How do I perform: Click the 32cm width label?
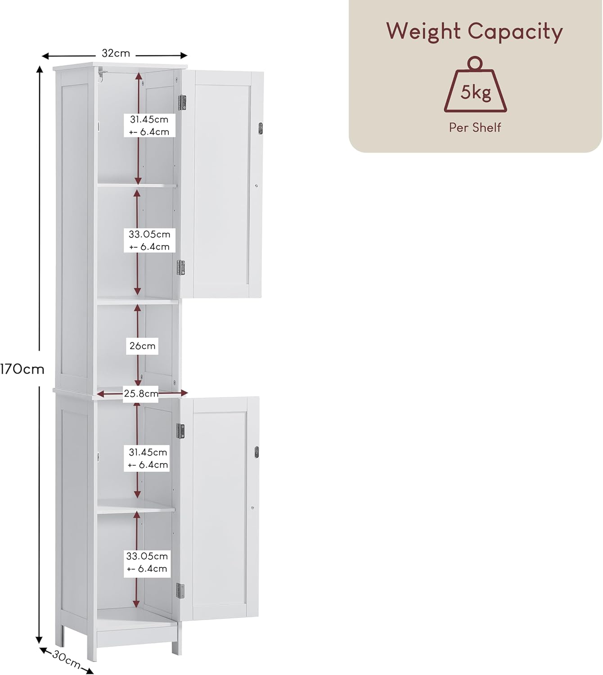pyautogui.click(x=116, y=53)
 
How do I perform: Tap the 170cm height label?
pyautogui.click(x=22, y=369)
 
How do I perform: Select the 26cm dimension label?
pyautogui.click(x=142, y=346)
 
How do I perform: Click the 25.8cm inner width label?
pyautogui.click(x=141, y=393)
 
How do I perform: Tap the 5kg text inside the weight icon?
pyautogui.click(x=475, y=92)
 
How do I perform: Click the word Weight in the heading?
pyautogui.click(x=423, y=32)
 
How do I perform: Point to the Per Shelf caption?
pyautogui.click(x=475, y=127)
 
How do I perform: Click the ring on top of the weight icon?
pyautogui.click(x=475, y=63)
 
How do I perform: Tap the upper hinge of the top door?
pyautogui.click(x=182, y=102)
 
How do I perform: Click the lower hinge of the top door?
pyautogui.click(x=181, y=268)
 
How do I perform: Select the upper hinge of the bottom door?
pyautogui.click(x=180, y=431)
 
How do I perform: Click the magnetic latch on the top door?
pyautogui.click(x=261, y=129)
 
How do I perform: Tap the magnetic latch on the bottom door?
pyautogui.click(x=256, y=452)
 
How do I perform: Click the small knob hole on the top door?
pyautogui.click(x=256, y=185)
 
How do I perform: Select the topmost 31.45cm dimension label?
pyautogui.click(x=149, y=125)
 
